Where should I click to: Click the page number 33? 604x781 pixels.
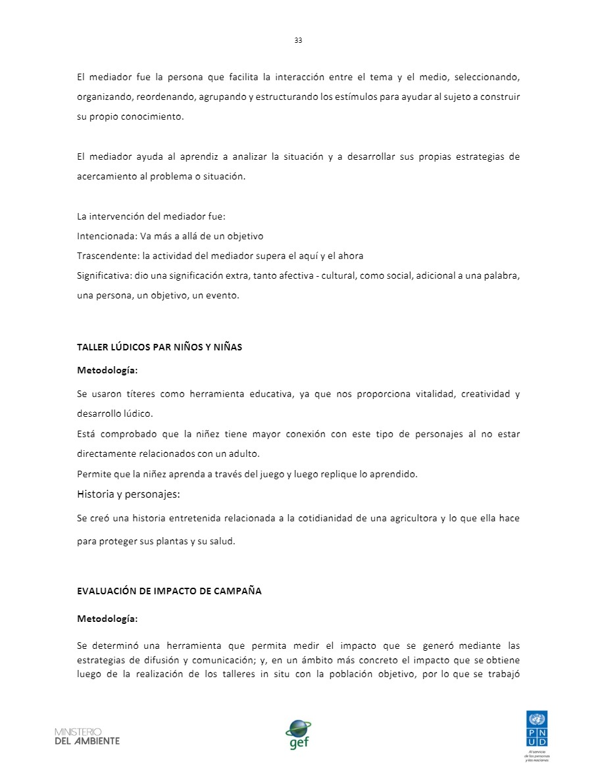click(298, 40)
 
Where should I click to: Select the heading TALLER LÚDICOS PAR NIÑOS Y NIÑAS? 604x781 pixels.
click(160, 347)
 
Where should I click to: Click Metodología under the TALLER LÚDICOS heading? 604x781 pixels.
click(107, 371)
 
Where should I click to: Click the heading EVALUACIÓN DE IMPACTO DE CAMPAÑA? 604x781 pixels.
click(169, 591)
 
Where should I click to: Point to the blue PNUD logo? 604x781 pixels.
click(537, 728)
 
